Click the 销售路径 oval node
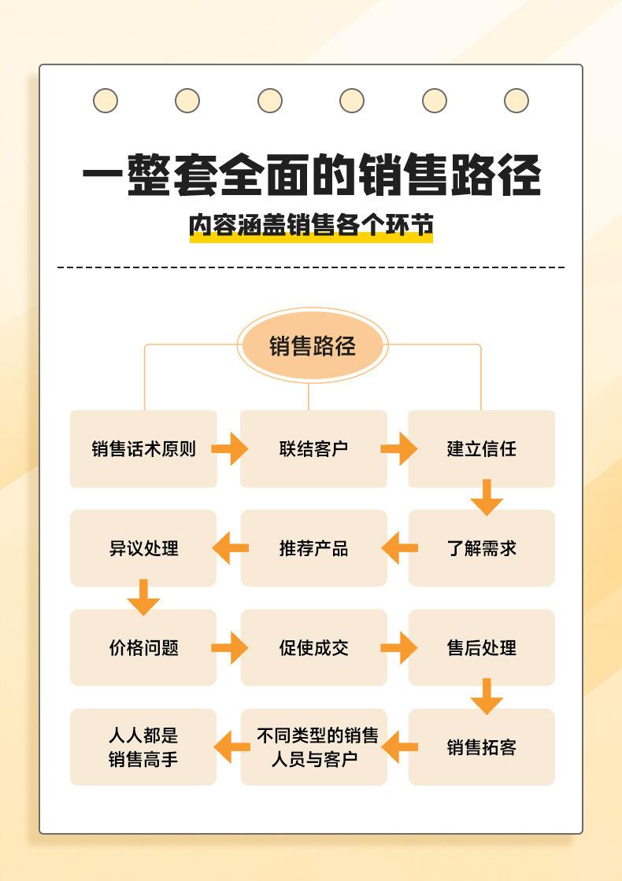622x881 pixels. [x=313, y=346]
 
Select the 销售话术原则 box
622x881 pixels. [x=143, y=449]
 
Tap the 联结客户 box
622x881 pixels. [x=313, y=449]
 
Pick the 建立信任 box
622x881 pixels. [x=481, y=449]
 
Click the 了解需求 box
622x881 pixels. [x=481, y=548]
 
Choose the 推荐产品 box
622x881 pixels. [x=313, y=548]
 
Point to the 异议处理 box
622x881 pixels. [x=143, y=548]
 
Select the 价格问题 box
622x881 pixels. [x=143, y=647]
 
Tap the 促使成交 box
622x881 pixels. [x=313, y=647]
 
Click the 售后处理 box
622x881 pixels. [x=481, y=647]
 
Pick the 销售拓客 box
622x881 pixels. [x=481, y=747]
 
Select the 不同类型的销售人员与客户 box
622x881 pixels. [x=313, y=747]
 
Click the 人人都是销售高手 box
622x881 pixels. [x=143, y=747]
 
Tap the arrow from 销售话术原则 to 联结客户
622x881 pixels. [x=229, y=449]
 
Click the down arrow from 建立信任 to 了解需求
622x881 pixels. [x=487, y=498]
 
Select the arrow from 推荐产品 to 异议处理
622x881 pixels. [x=230, y=548]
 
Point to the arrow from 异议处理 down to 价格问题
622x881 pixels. [x=143, y=598]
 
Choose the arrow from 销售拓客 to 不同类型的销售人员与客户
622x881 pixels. [x=398, y=747]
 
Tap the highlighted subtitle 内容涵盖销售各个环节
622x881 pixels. [x=312, y=226]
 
